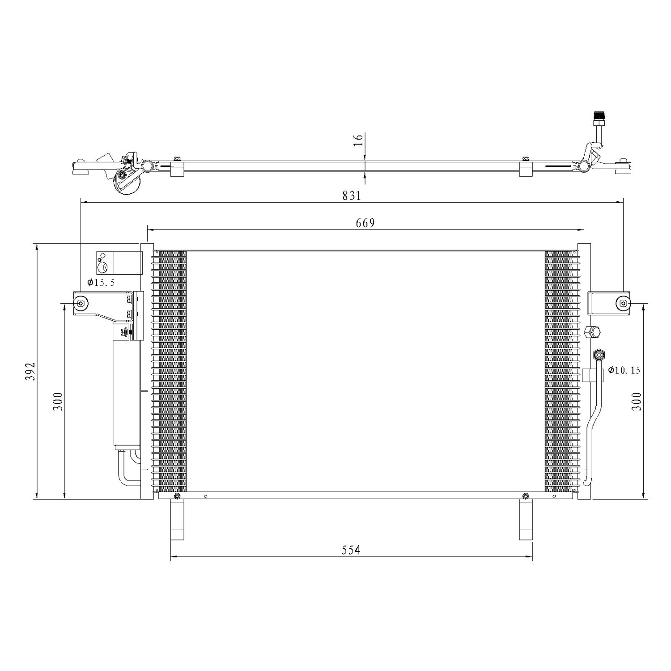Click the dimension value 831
(352, 195)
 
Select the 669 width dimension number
(365, 223)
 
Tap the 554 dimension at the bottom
(351, 550)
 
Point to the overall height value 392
(30, 371)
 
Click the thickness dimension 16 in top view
(358, 140)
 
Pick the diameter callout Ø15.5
(101, 283)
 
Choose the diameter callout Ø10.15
(624, 370)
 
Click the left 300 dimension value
(58, 401)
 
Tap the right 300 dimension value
(637, 401)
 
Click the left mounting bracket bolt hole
(81, 304)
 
